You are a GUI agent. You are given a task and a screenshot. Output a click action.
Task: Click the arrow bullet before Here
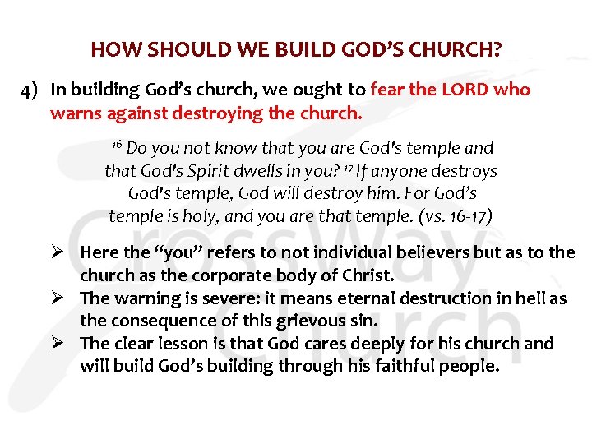point(65,252)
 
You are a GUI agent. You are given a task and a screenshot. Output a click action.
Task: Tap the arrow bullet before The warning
point(65,298)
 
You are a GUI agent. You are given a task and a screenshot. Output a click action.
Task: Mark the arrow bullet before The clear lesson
point(65,344)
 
